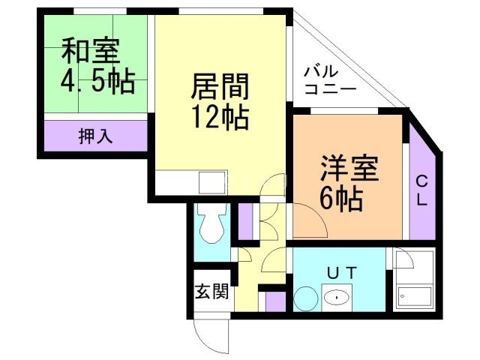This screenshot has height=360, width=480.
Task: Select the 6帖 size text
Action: point(341,199)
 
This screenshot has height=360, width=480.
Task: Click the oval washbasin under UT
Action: point(339,298)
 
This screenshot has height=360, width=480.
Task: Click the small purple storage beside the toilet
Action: point(246,218)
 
